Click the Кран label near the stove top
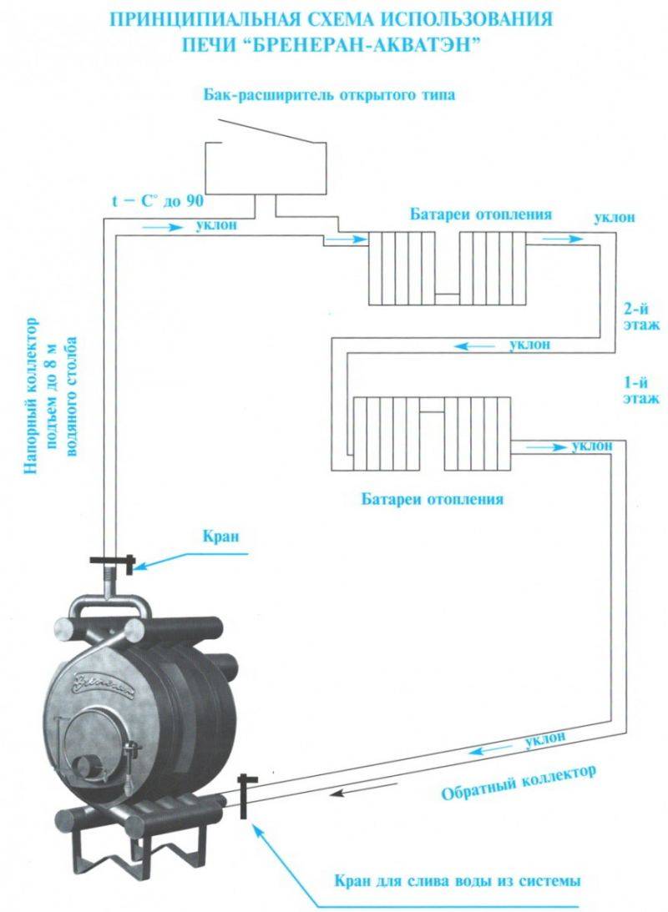[x=219, y=536]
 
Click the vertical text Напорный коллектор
[x=33, y=396]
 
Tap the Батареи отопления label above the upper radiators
[x=480, y=214]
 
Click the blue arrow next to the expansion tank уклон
[x=163, y=225]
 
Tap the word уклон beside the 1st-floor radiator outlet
[x=593, y=446]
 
